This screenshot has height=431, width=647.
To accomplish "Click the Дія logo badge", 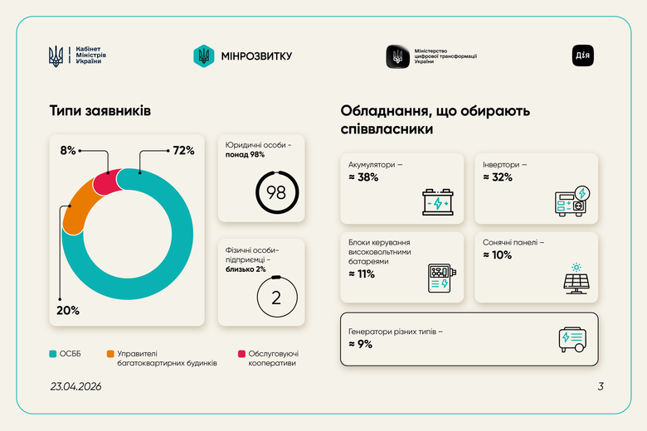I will [583, 56].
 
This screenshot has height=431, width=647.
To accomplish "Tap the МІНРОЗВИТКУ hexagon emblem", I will [203, 56].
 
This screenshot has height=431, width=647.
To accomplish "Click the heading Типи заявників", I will [100, 110].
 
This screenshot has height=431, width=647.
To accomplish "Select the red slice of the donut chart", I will [106, 182].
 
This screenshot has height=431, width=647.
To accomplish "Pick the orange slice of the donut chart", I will [79, 206].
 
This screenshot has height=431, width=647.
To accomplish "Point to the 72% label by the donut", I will [183, 150].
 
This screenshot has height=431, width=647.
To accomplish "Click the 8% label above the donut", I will [68, 150].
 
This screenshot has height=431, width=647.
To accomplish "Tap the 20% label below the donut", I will [68, 310].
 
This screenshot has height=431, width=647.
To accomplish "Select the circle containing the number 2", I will [277, 298].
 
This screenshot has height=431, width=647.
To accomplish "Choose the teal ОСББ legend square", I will [53, 354].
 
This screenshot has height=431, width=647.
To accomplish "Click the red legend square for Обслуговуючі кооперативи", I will [241, 354].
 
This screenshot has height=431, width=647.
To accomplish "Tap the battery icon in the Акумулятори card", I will [437, 202].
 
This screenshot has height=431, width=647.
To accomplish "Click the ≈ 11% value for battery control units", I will [362, 274].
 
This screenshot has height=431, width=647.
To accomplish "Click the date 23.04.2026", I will [75, 386].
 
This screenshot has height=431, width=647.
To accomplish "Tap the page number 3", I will [601, 386].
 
